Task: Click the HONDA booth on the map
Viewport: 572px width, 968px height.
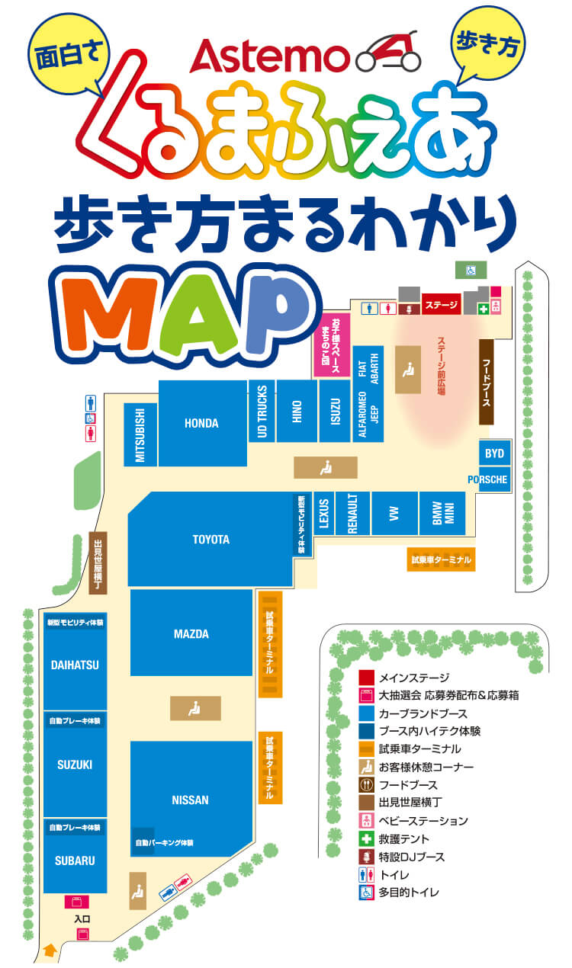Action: [x=201, y=424]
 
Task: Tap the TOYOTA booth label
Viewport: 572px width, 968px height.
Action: [x=210, y=540]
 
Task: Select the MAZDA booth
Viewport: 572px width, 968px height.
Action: [x=191, y=633]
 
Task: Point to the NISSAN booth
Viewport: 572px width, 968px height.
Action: [x=190, y=800]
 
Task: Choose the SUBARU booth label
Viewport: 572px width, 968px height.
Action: [x=75, y=861]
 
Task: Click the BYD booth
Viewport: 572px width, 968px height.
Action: [x=494, y=454]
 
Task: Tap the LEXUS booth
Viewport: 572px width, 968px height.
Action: [x=324, y=513]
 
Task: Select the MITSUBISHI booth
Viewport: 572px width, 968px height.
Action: [x=140, y=434]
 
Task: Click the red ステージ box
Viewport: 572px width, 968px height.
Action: [x=442, y=305]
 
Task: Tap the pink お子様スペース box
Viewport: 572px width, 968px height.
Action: [x=331, y=345]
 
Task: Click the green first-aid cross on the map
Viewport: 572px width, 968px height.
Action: [x=483, y=308]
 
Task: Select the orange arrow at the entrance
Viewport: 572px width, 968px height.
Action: [x=50, y=950]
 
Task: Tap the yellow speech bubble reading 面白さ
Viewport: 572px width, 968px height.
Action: [x=69, y=54]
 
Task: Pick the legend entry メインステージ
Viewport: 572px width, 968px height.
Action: [x=413, y=677]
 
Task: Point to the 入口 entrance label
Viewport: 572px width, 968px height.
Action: [x=82, y=919]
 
